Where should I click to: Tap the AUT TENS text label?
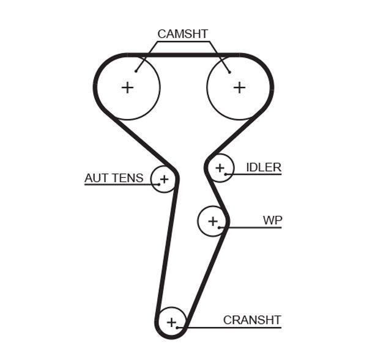point(114,178)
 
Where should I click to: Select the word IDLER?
point(263,167)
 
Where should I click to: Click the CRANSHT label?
point(251,320)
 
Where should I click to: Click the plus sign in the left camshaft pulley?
point(127,87)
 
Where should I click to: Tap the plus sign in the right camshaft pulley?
point(239,87)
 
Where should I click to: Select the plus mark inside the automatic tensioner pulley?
point(163,179)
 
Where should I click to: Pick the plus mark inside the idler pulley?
point(220,167)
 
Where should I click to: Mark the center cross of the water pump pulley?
point(212,221)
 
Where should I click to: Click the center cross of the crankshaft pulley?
point(171,321)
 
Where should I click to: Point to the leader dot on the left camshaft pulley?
point(136,72)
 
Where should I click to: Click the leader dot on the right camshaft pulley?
point(230,72)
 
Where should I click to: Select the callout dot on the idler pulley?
point(226,175)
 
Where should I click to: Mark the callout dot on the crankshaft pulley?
point(178,328)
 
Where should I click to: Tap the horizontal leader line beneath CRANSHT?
point(232,328)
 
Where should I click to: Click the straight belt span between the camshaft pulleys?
point(183,56)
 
